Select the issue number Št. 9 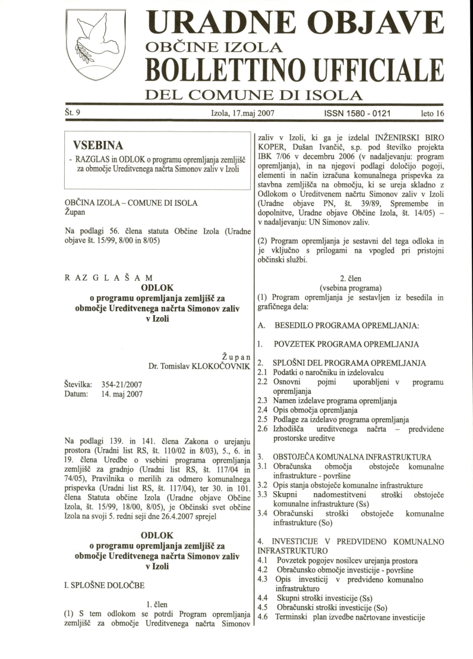tap(73, 111)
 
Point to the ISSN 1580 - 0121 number tap(358, 112)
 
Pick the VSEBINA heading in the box tap(97, 146)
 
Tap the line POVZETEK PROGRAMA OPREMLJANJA tap(346, 344)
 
